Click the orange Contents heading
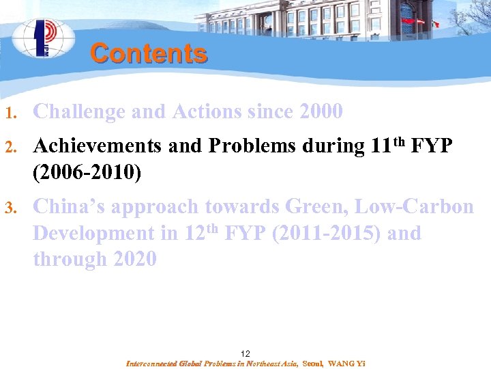[148, 53]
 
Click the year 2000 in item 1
[321, 111]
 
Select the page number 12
[245, 353]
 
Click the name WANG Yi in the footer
[346, 364]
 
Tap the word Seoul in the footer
[313, 364]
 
